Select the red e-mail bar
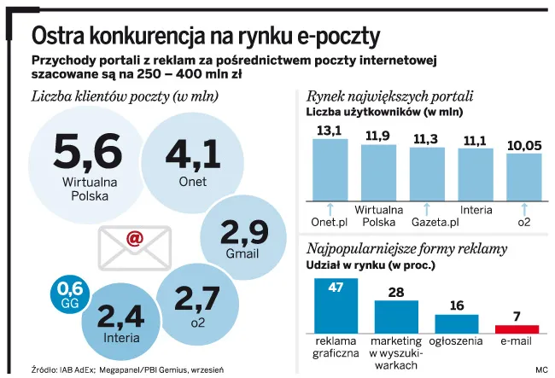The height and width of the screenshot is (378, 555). coord(517,329)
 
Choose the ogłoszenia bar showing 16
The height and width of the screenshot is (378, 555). coord(457,323)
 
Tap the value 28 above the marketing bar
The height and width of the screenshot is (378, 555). coord(395,293)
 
